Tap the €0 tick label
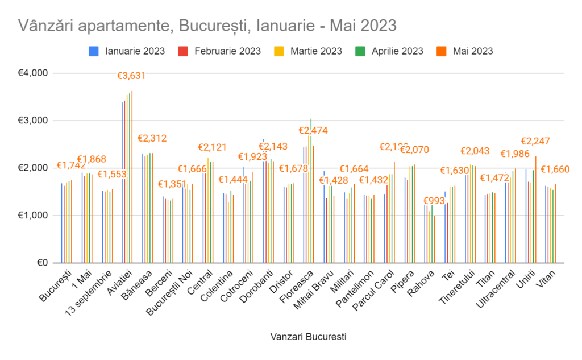pyautogui.click(x=41, y=263)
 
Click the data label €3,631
pyautogui.click(x=131, y=76)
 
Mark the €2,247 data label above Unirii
pyautogui.click(x=535, y=141)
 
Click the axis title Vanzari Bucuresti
pyautogui.click(x=307, y=336)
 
